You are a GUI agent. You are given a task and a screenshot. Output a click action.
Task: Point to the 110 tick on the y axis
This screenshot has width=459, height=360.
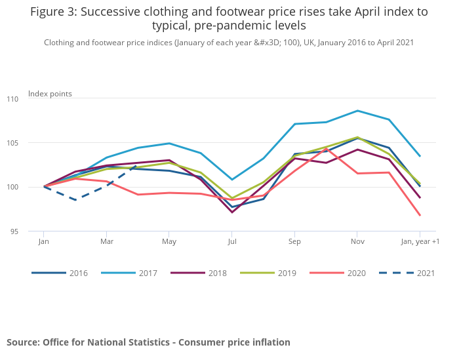point(32,99)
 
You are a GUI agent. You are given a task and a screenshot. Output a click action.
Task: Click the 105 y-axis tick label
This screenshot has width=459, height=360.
point(32,143)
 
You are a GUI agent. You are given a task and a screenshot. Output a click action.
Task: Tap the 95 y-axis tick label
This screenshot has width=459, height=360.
point(33,231)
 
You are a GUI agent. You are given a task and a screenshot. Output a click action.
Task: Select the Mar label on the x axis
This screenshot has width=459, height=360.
point(106,242)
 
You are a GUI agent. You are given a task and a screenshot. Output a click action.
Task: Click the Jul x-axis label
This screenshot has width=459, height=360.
point(231,242)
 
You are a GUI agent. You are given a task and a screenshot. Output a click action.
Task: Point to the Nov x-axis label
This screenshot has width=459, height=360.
point(357,242)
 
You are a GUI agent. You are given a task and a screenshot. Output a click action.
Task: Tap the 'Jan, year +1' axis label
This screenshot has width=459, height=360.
point(420,242)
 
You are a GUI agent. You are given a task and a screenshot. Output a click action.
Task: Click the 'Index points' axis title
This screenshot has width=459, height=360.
point(50,94)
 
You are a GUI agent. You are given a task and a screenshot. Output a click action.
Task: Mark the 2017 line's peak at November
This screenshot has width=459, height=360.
point(357,111)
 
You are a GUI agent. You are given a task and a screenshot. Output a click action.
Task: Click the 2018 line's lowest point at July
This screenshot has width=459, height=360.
point(231,212)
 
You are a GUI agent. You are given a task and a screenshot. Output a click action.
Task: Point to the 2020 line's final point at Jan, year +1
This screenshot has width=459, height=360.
point(420,215)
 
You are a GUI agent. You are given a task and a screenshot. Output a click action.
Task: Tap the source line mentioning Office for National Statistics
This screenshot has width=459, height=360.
point(148,342)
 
